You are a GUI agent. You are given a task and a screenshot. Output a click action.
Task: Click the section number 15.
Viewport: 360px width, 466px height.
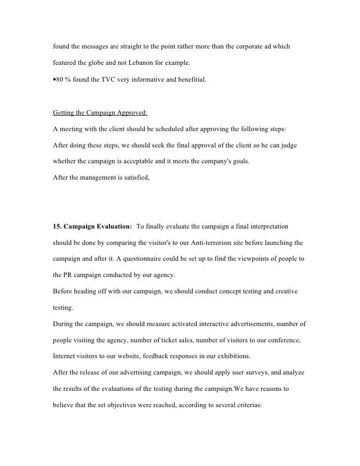[57, 227]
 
